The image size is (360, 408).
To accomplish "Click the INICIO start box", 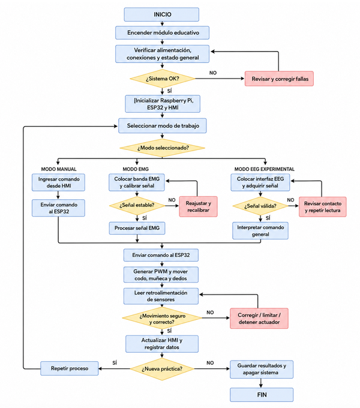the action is pos(161,14).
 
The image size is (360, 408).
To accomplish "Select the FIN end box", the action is pos(262,395).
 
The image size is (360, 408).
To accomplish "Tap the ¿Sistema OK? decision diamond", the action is pos(163,79).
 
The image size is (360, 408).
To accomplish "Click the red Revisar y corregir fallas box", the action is pos(279,79).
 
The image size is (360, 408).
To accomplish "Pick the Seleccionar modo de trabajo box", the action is pos(163,125).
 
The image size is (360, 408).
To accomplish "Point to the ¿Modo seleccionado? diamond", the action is pos(163,148).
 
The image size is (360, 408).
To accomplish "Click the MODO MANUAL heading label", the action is pos(59,169).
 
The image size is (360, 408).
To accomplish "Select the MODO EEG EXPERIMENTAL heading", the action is pos(265,169).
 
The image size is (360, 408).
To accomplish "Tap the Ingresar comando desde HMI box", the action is pos(58,182).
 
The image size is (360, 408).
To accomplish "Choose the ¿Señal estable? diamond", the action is pos(137,205).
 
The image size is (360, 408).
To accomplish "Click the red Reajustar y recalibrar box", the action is pos(198,206).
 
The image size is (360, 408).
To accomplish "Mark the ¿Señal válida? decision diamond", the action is pos(260,206).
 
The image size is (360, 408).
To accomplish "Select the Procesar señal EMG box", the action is pos(137,228).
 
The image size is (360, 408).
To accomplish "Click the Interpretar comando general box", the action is pos(260,230).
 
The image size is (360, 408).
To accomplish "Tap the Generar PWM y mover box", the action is pos(161,275).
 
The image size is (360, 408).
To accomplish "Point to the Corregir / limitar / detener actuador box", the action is pos(259,319).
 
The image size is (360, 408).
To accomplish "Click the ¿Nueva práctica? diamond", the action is pos(162,369).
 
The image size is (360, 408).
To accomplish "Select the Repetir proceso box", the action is pos(70,368).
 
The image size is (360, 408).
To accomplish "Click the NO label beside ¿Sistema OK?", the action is pos(213,73).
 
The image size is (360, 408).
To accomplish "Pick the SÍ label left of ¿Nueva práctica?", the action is pos(115,363).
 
